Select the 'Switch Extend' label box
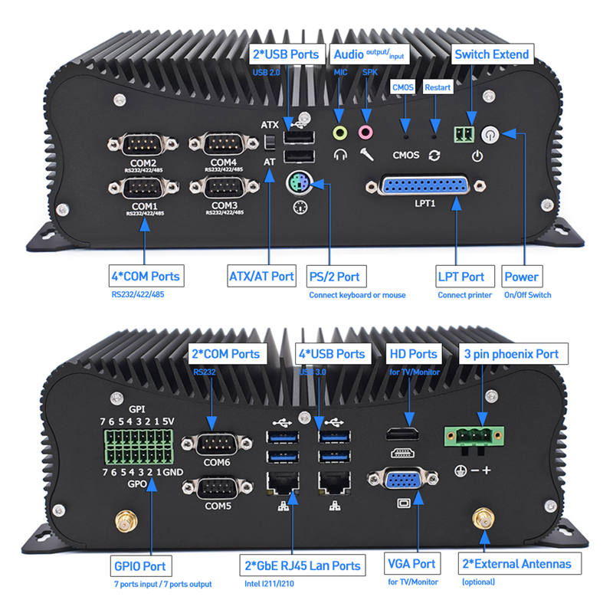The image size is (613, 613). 491,54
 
